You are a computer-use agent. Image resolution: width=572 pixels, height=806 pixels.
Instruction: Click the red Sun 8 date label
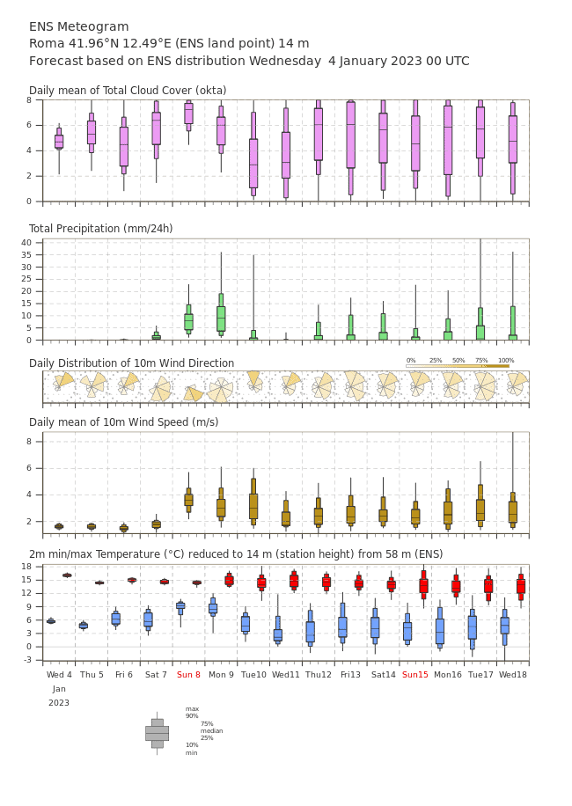point(188,674)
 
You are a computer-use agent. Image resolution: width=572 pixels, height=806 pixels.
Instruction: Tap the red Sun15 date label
point(415,674)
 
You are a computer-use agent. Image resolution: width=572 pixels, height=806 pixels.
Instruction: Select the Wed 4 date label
point(59,674)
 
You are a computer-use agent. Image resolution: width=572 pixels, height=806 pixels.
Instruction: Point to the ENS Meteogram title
point(78,26)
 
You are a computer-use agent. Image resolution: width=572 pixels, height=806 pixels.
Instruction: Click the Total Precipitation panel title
point(100,228)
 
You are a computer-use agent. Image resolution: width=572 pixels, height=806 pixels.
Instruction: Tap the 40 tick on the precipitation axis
point(26,243)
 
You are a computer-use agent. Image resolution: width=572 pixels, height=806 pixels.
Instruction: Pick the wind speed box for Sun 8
point(188,500)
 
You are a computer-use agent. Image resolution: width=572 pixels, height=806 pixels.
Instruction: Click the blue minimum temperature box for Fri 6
point(116,618)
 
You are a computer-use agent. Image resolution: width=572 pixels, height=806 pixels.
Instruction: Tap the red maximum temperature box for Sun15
point(423,585)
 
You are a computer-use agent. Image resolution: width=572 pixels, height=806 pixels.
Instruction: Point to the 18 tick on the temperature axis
point(26,567)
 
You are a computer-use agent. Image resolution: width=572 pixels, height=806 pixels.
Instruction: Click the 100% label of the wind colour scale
point(506,361)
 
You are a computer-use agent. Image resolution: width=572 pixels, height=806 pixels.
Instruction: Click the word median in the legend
point(212,730)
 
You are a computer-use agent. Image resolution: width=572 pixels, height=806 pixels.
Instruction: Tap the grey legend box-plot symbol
point(158,734)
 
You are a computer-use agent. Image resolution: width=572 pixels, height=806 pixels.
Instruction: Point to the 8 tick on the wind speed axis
point(29,442)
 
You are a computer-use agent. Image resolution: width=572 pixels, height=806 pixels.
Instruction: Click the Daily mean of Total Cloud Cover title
point(128,91)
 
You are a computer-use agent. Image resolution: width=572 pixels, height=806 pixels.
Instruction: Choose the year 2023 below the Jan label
point(59,703)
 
